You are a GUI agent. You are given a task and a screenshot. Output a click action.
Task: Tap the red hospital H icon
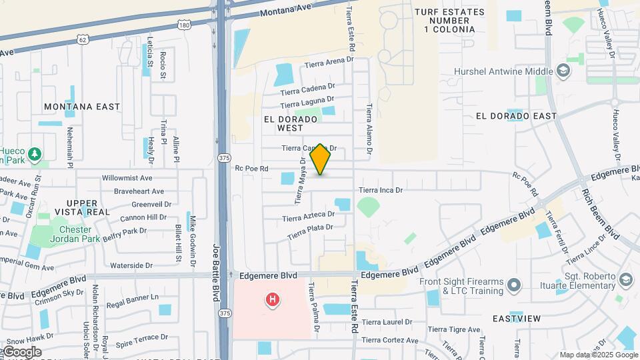[x=272, y=300]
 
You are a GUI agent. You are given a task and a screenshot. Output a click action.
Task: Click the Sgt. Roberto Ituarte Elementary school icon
[x=625, y=279]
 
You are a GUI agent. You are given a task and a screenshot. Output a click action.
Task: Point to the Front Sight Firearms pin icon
[x=513, y=286]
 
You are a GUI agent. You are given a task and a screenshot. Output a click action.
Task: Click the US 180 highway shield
[x=184, y=25]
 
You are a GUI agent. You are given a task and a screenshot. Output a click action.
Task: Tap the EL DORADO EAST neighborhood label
[x=516, y=116]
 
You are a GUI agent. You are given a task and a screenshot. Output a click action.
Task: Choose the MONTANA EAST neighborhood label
[x=82, y=107]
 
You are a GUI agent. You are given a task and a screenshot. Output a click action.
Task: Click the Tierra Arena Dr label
[x=329, y=63]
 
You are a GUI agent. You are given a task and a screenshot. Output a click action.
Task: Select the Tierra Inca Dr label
[x=381, y=190]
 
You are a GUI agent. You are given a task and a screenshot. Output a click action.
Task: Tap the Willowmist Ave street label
[x=127, y=178]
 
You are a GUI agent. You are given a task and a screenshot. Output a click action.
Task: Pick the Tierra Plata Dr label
[x=310, y=232]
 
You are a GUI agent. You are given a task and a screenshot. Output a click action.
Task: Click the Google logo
[x=21, y=351]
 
